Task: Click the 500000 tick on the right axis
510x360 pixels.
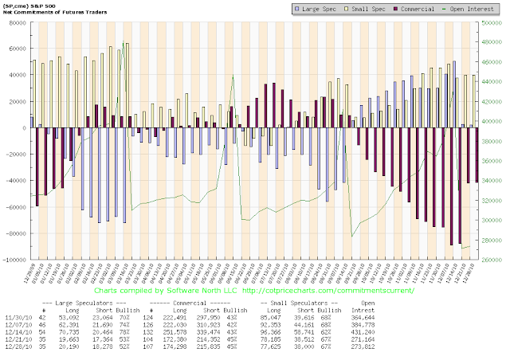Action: [x=490, y=22]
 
